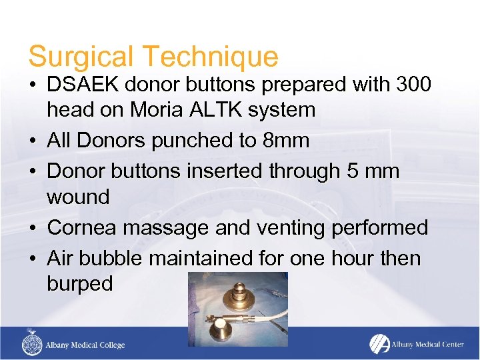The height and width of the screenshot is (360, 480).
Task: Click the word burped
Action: (80, 284)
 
